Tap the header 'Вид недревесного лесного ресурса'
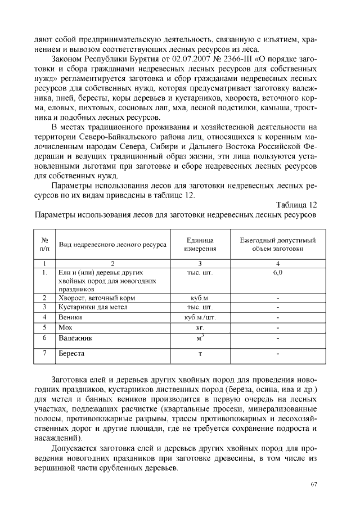[x=112, y=245]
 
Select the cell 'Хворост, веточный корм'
[x=97, y=298]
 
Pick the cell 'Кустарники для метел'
[x=93, y=307]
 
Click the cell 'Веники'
[x=70, y=317]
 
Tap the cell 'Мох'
[x=66, y=327]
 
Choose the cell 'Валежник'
[x=75, y=339]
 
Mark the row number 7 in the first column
[x=44, y=354]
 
